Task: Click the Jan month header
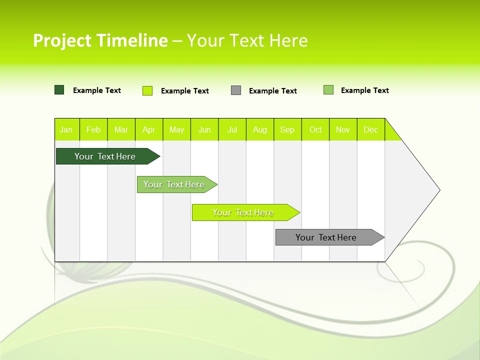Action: (x=66, y=129)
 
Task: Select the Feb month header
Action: (x=93, y=129)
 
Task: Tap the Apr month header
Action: (x=149, y=129)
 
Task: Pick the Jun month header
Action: (x=204, y=129)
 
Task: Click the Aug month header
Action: (x=260, y=129)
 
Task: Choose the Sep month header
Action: (x=287, y=129)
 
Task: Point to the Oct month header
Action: (x=315, y=129)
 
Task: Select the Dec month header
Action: (x=371, y=129)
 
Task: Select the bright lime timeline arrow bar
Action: (x=243, y=212)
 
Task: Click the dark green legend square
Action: (x=59, y=90)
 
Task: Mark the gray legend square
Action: (x=236, y=90)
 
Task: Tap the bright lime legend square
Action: (x=147, y=90)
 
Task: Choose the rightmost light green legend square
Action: (x=328, y=90)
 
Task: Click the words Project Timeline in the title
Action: (x=100, y=40)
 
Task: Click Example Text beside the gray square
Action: (x=272, y=91)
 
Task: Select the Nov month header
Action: (x=343, y=129)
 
